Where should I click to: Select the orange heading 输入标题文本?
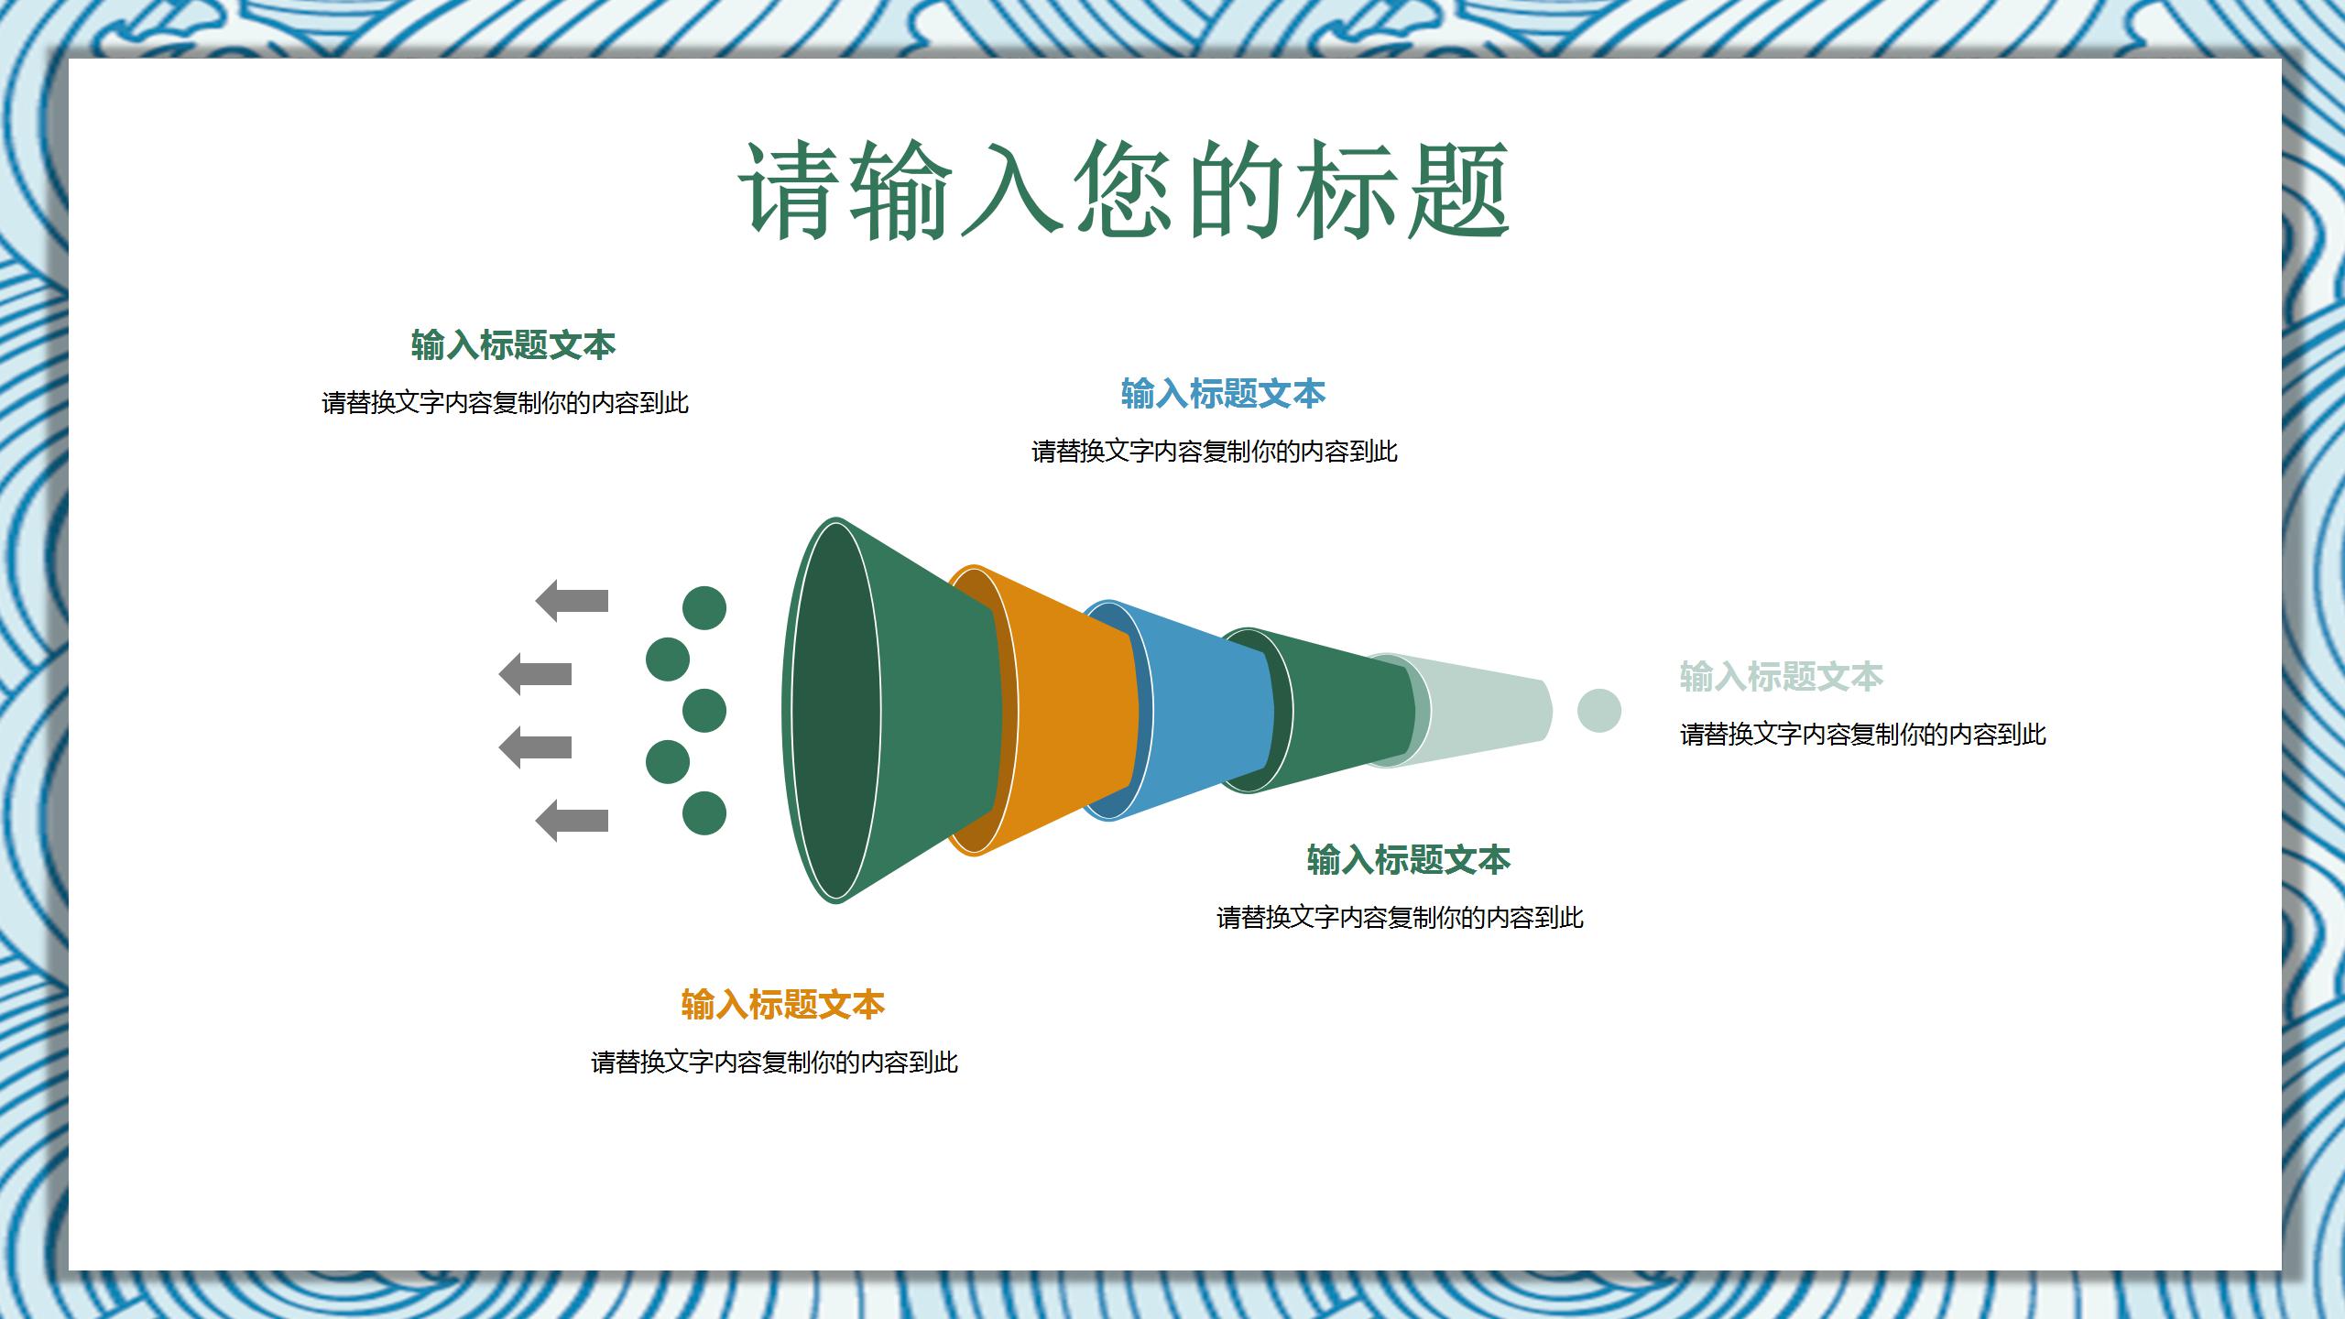click(782, 1005)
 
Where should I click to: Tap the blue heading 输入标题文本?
click(1223, 394)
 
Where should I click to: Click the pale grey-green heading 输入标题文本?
click(1781, 677)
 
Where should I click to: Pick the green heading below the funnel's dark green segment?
click(1408, 860)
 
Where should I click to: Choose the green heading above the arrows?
click(513, 345)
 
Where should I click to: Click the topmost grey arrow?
click(572, 601)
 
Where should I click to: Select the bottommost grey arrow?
click(572, 821)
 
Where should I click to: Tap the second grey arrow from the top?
click(535, 674)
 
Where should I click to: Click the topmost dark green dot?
click(704, 608)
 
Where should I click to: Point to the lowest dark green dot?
click(704, 813)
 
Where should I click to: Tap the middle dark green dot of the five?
click(704, 711)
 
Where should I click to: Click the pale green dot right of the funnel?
click(1598, 711)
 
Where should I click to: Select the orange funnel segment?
click(1072, 710)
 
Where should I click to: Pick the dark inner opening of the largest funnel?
click(832, 710)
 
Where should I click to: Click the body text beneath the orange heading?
click(774, 1063)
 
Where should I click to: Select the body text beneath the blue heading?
click(1214, 452)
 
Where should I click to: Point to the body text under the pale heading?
click(1862, 735)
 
